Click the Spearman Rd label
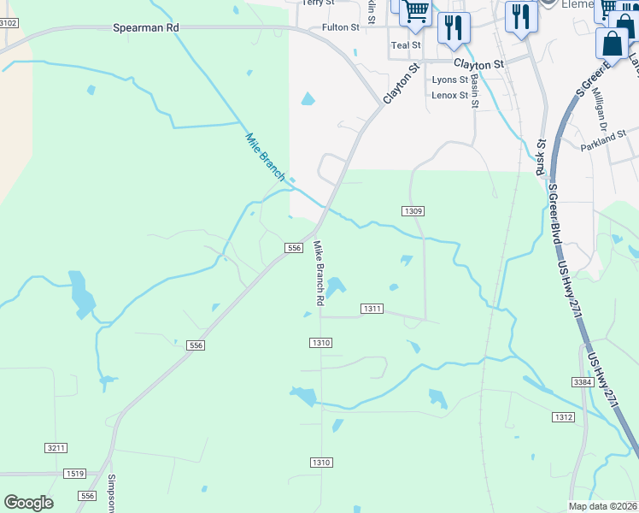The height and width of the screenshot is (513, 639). pyautogui.click(x=146, y=27)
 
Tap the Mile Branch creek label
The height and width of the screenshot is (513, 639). pyautogui.click(x=265, y=156)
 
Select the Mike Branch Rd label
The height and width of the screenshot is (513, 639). pyautogui.click(x=319, y=274)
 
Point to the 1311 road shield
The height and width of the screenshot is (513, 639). pyautogui.click(x=372, y=308)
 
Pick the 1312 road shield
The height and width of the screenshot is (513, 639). pyautogui.click(x=563, y=416)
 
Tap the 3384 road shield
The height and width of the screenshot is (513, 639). pyautogui.click(x=583, y=381)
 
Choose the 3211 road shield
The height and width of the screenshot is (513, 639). pyautogui.click(x=56, y=447)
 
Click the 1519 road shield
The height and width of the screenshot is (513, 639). pyautogui.click(x=75, y=473)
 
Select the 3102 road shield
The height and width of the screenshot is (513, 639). pyautogui.click(x=8, y=22)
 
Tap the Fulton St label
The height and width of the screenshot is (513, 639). pyautogui.click(x=341, y=27)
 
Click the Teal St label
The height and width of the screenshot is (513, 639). pyautogui.click(x=406, y=45)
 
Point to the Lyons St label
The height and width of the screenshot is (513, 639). pyautogui.click(x=450, y=80)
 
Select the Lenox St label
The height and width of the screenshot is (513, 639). pyautogui.click(x=450, y=95)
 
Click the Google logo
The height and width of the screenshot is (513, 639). pyautogui.click(x=28, y=503)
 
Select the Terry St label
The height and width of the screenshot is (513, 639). pyautogui.click(x=319, y=3)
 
